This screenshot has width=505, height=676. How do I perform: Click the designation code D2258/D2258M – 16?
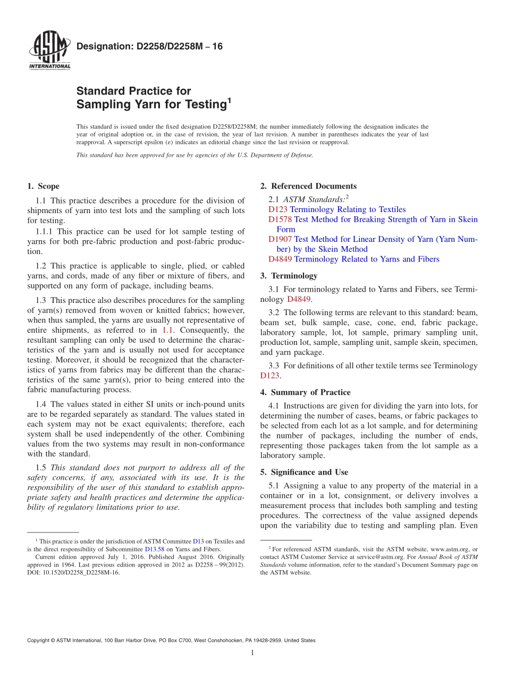tap(149, 47)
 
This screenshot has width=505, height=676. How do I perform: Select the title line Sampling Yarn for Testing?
tap(152, 105)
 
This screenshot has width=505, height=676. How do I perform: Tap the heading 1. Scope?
tap(44, 186)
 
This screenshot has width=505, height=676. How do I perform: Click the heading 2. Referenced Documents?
tap(308, 186)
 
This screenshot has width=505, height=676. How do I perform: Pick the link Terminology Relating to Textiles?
tap(348, 209)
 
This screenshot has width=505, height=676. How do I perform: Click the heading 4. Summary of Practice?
tap(305, 392)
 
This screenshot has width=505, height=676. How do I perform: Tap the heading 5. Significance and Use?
tap(304, 472)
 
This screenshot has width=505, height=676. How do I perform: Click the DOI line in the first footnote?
tap(73, 573)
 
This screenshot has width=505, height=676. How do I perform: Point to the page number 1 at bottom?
tap(252, 653)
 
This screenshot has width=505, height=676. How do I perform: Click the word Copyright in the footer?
tap(39, 641)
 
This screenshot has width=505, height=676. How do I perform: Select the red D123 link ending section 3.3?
tap(270, 376)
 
